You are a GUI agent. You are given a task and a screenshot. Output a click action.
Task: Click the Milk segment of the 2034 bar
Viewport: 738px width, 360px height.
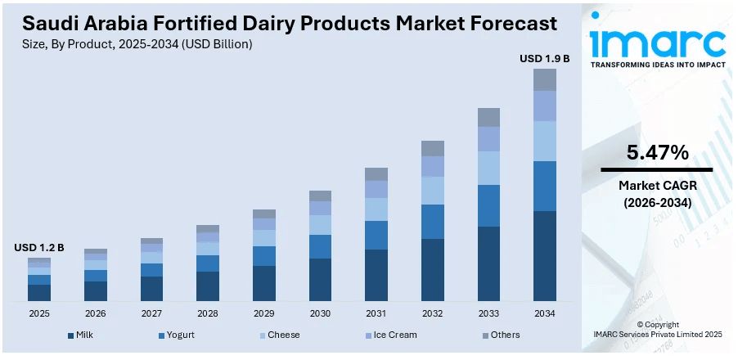coord(545,255)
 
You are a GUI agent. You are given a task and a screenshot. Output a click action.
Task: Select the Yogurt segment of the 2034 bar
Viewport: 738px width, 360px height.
coord(545,186)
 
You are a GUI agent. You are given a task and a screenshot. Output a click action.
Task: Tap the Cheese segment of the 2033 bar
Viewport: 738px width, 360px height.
coord(488,168)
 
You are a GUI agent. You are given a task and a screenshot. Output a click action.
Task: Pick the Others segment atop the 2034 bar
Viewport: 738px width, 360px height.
coord(545,79)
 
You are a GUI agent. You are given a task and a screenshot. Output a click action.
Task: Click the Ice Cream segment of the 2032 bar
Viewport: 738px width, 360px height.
coord(432,166)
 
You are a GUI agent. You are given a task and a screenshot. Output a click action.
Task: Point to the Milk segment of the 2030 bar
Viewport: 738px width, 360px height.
coord(320,280)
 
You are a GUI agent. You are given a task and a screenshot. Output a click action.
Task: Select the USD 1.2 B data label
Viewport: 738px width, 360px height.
coord(38,247)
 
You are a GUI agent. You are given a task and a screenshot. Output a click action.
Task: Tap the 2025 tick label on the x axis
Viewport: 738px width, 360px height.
coord(38,313)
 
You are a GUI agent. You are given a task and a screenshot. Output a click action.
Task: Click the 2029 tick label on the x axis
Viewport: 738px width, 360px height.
coord(263,313)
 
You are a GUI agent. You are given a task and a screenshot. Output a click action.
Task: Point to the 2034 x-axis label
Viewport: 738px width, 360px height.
coord(545,313)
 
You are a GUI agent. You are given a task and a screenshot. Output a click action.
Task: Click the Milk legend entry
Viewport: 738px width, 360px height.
coord(82,335)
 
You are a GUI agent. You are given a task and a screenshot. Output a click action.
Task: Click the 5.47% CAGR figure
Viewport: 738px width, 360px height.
coord(657,152)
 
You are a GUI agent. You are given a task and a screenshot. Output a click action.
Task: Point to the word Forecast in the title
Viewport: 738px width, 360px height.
coord(508,22)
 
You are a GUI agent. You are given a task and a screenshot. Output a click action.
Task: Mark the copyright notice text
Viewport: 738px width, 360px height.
coord(657,330)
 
